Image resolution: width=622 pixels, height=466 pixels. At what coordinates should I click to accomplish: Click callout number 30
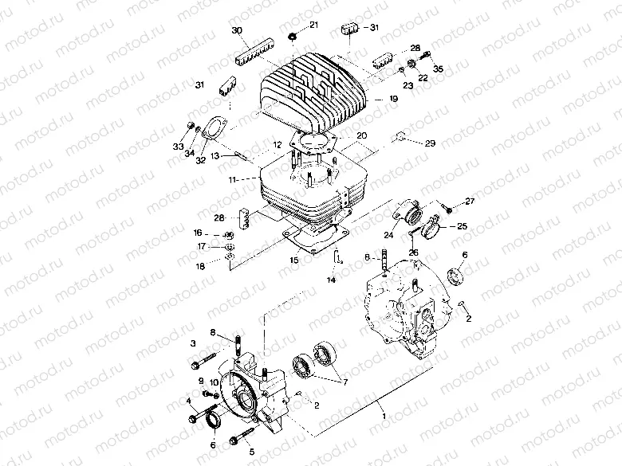[236, 30]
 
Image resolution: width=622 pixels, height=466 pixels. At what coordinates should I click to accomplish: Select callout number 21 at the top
[313, 25]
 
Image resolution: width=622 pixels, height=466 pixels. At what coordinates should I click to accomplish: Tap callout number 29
[430, 143]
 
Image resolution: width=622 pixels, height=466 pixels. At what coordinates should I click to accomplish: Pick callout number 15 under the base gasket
[293, 260]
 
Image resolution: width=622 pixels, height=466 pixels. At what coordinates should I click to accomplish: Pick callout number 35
[438, 80]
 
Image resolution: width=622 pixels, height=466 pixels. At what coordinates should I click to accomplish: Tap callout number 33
[177, 148]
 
